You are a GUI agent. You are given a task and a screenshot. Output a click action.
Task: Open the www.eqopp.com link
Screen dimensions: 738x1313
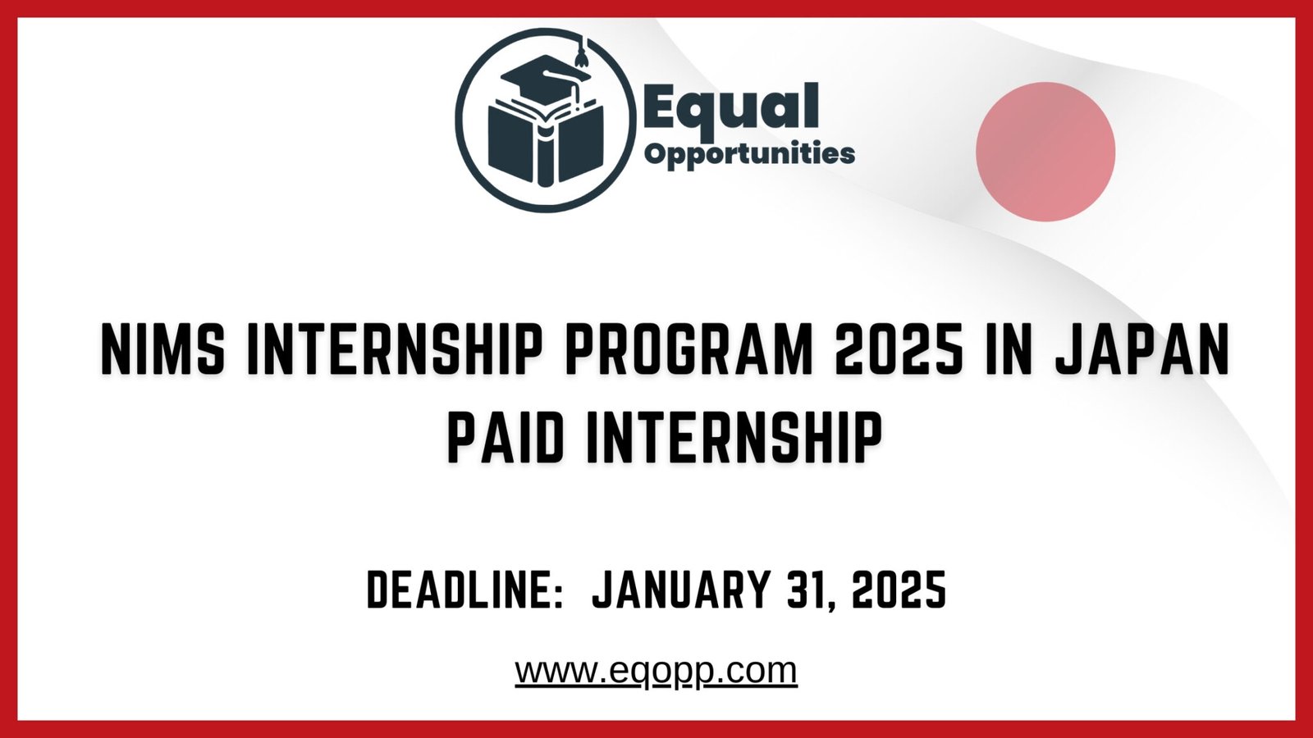[656, 671]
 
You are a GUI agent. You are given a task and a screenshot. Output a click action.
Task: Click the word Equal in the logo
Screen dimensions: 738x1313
[730, 107]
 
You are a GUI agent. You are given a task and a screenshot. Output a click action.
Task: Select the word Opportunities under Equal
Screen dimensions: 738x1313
[749, 153]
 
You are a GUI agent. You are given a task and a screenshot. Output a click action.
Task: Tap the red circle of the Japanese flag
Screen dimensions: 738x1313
[1045, 152]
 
